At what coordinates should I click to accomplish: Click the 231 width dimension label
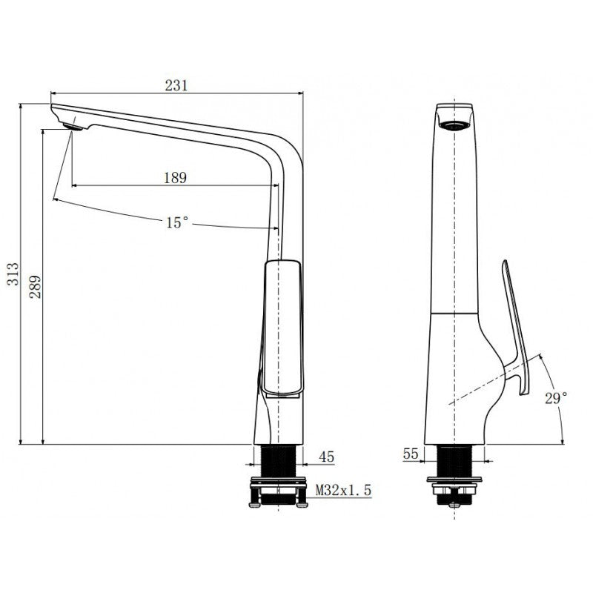pyautogui.click(x=176, y=85)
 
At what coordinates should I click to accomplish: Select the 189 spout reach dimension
pyautogui.click(x=175, y=178)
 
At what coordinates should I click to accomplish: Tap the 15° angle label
pyautogui.click(x=176, y=222)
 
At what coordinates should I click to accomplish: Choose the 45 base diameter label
pyautogui.click(x=326, y=457)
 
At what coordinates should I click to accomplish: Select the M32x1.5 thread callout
pyautogui.click(x=342, y=490)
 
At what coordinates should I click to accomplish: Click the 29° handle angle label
pyautogui.click(x=557, y=398)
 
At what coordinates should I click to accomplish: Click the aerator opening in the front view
pyautogui.click(x=454, y=124)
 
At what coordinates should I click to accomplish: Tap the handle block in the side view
pyautogui.click(x=282, y=326)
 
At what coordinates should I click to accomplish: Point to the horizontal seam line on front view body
pyautogui.click(x=454, y=314)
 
